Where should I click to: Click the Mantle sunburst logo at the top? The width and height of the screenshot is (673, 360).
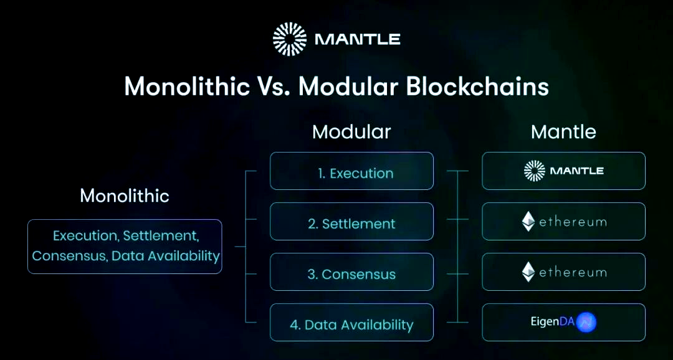(290, 39)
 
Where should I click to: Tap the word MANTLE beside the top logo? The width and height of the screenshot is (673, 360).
(358, 40)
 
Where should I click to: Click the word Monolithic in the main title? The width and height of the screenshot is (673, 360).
(187, 87)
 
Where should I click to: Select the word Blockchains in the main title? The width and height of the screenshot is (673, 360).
(477, 87)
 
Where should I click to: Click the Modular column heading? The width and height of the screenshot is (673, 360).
(351, 131)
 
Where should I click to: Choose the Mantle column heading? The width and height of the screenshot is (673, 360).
(563, 131)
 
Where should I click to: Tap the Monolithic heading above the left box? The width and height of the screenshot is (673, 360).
(125, 196)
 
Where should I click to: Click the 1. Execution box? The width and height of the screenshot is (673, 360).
(351, 171)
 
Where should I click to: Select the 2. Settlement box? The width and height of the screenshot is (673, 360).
(351, 221)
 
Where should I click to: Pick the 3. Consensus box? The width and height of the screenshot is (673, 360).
(351, 272)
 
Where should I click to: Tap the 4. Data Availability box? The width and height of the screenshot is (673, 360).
(351, 322)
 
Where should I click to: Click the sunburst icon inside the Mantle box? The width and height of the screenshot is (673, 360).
(535, 171)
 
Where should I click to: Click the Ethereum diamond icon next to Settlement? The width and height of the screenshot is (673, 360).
(528, 221)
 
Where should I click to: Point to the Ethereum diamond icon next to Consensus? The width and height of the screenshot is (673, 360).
(528, 272)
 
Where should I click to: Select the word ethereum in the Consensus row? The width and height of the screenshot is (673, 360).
(573, 272)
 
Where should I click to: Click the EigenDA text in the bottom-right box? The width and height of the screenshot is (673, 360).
(552, 322)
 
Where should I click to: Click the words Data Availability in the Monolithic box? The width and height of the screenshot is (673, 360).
(166, 256)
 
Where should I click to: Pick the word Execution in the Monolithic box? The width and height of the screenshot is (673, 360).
(85, 235)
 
